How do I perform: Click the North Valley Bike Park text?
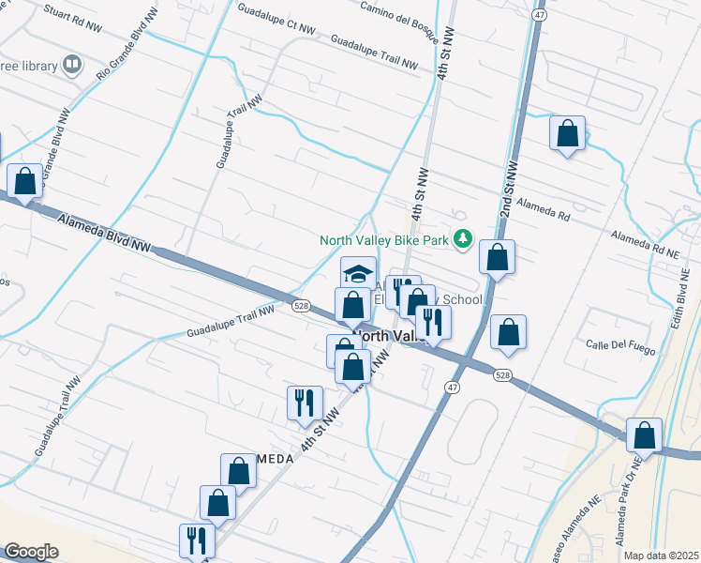pos(384,240)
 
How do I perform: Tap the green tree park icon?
pos(461,240)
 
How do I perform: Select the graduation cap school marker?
pos(357,273)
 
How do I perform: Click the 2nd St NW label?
pos(509,187)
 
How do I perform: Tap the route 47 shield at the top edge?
pos(539,15)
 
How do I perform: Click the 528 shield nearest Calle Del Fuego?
pos(503,374)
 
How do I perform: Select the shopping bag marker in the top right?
pos(567,133)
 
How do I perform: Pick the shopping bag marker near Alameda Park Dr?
pos(644,434)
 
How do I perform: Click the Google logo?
pos(31,552)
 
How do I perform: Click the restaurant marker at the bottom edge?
pos(196,540)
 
